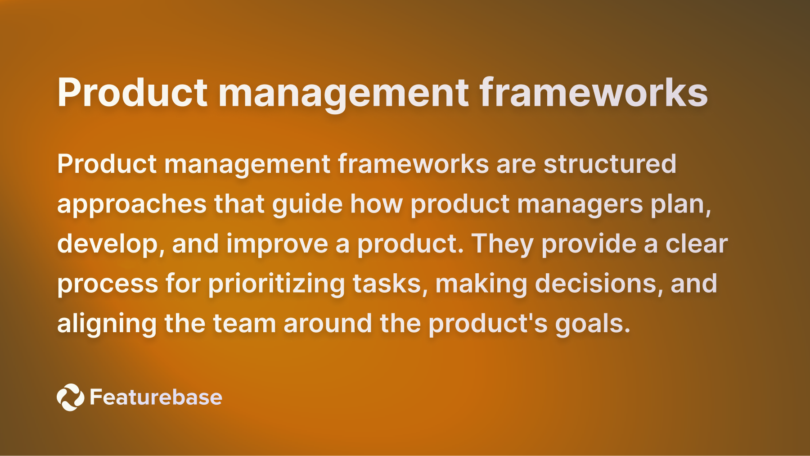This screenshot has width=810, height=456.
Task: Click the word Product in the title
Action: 132,93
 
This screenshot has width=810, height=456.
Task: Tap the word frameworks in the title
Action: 594,93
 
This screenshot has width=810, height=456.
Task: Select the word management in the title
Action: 344,93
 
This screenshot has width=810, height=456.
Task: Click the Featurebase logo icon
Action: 70,397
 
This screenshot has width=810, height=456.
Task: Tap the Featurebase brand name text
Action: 156,397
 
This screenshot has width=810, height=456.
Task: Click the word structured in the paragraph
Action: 610,164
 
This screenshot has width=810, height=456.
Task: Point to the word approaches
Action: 131,204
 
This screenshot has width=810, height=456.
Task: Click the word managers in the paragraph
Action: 580,204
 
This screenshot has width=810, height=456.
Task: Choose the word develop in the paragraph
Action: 107,244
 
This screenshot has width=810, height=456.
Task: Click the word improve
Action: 277,244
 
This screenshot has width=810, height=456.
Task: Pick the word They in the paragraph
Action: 502,244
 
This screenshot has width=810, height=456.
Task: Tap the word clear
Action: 696,244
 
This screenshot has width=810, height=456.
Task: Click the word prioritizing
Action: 276,284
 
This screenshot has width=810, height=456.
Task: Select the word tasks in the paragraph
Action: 387,284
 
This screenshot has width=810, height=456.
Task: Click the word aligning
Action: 107,324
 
